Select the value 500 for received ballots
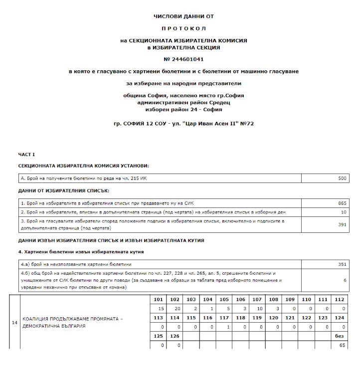[341, 178]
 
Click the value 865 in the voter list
[341, 203]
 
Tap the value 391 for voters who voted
[341, 224]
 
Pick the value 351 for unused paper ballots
[341, 264]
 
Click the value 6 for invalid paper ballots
[345, 280]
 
